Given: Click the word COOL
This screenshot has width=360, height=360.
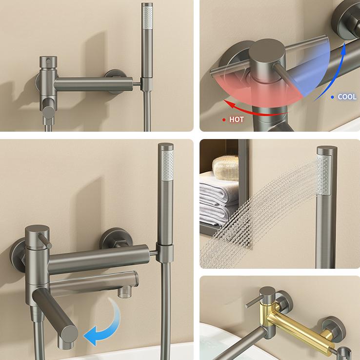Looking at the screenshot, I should [348, 97].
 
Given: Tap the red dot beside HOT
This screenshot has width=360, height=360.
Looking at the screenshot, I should [223, 119].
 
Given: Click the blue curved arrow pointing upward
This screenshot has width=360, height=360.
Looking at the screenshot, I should [331, 68].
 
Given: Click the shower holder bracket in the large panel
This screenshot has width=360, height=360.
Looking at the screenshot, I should [165, 253].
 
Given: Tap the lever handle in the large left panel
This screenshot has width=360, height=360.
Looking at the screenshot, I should [48, 241].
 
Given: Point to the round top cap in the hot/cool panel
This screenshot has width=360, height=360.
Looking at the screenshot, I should [264, 51].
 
